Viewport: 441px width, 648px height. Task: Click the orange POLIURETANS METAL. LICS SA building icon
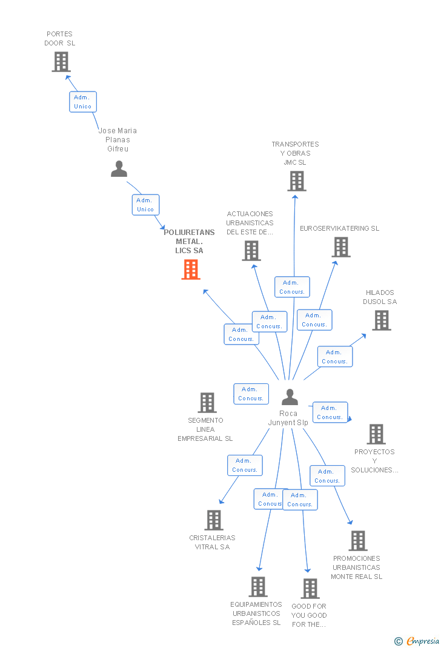click(x=191, y=269)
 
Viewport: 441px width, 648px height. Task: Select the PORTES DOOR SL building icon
click(x=61, y=62)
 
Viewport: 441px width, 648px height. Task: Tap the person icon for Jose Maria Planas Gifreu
click(x=119, y=169)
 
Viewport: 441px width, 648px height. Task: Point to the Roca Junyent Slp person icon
click(x=290, y=397)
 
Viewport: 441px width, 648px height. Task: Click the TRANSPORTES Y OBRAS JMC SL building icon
click(x=296, y=181)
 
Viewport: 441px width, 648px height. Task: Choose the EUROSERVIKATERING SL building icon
click(x=341, y=247)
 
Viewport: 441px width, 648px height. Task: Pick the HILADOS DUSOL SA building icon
click(x=381, y=320)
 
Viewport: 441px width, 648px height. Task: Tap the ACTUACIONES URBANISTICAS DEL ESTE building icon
click(x=251, y=251)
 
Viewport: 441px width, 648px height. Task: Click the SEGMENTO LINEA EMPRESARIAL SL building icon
click(x=207, y=403)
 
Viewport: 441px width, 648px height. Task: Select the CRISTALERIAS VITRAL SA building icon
click(x=213, y=520)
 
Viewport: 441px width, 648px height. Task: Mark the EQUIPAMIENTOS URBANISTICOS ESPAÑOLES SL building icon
click(x=258, y=587)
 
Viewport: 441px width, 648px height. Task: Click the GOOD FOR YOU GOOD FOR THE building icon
click(x=310, y=589)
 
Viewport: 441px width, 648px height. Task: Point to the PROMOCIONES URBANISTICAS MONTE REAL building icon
click(x=358, y=541)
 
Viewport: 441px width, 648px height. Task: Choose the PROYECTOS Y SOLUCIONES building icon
click(x=376, y=434)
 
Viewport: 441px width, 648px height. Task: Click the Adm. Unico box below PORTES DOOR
click(x=82, y=102)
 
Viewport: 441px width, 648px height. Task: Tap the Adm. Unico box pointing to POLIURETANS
click(x=145, y=205)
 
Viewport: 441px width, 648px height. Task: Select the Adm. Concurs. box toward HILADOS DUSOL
click(x=334, y=357)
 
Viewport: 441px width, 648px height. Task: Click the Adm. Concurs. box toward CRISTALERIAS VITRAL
click(x=245, y=465)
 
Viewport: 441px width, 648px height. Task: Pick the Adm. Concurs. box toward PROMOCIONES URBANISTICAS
click(x=327, y=476)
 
